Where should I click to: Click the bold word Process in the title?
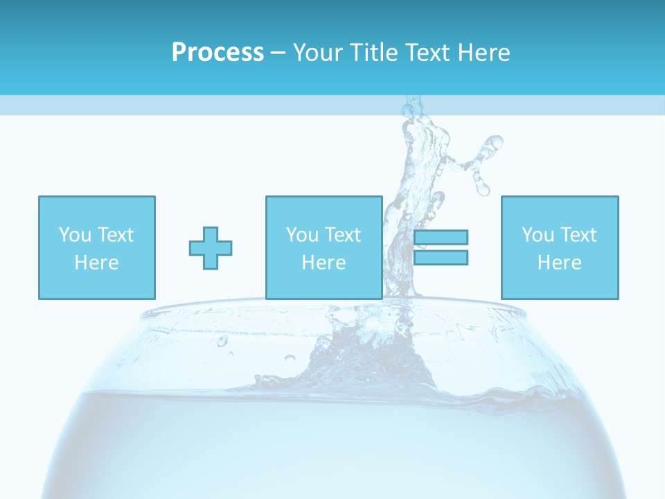(x=218, y=53)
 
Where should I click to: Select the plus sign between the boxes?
(x=211, y=247)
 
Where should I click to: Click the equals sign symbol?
(x=441, y=247)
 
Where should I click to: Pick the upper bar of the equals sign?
(x=441, y=238)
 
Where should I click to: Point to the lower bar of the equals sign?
(x=441, y=258)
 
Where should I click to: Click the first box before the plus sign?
(x=97, y=247)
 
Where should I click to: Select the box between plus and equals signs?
(x=324, y=247)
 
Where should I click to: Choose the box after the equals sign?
(x=560, y=247)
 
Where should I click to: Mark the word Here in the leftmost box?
(x=97, y=263)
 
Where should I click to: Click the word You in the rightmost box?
(x=538, y=235)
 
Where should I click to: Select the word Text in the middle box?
(x=344, y=235)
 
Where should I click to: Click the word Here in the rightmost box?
(x=560, y=263)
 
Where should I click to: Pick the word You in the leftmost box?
(x=76, y=235)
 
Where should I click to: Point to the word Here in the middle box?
(x=324, y=263)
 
